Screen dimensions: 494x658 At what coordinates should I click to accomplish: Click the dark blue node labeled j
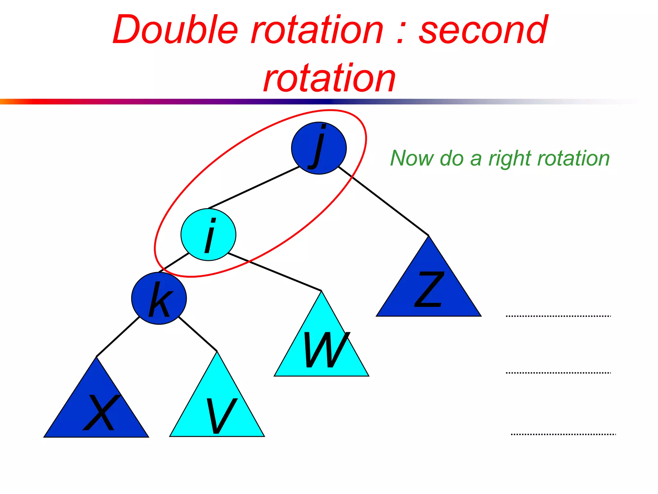click(319, 148)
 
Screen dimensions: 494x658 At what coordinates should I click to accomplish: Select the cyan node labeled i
click(208, 234)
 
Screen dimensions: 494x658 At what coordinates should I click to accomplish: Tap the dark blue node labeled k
click(159, 298)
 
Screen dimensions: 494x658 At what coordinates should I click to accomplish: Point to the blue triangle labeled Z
click(429, 289)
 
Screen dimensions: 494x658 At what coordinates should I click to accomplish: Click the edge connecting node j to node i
click(254, 187)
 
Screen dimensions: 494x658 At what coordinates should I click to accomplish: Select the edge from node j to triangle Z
click(384, 201)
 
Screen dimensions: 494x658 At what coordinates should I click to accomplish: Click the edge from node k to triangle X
click(118, 337)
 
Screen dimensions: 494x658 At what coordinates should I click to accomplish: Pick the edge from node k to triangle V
click(198, 334)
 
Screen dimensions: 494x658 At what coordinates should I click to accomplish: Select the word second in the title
click(483, 31)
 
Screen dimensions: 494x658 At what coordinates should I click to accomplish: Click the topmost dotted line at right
click(558, 316)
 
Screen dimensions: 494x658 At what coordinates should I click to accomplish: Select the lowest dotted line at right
click(563, 434)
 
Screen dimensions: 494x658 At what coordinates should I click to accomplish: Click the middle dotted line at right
click(558, 373)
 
